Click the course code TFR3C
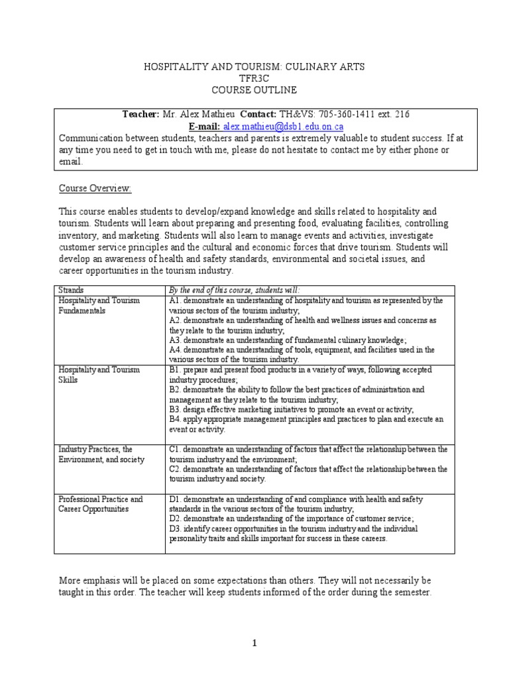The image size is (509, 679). [x=254, y=78]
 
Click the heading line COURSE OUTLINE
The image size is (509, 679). [x=254, y=90]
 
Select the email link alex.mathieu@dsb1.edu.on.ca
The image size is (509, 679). [x=274, y=126]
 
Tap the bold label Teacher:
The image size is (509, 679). [x=141, y=114]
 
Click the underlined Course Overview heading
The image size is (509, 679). [x=95, y=188]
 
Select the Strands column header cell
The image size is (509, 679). [x=71, y=290]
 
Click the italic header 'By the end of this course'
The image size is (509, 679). [x=235, y=290]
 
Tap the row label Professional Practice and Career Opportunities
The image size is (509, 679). [x=100, y=503]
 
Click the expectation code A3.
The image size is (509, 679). [x=176, y=339]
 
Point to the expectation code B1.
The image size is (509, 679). [x=175, y=370]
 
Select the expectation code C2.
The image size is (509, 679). [x=176, y=469]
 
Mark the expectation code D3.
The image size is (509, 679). [x=176, y=528]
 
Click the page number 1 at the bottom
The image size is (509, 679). [x=254, y=643]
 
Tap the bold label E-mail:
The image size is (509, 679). [x=205, y=126]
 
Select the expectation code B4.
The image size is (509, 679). [x=175, y=419]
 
